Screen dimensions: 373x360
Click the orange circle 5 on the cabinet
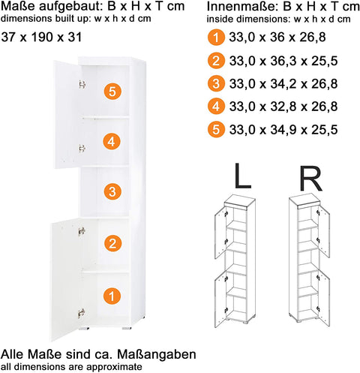coord(112,92)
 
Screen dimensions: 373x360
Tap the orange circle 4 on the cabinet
coord(112,141)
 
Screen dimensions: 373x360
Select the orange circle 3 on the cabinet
coord(112,192)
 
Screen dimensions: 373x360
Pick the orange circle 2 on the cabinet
coord(112,242)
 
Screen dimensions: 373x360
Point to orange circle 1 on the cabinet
coord(112,297)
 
